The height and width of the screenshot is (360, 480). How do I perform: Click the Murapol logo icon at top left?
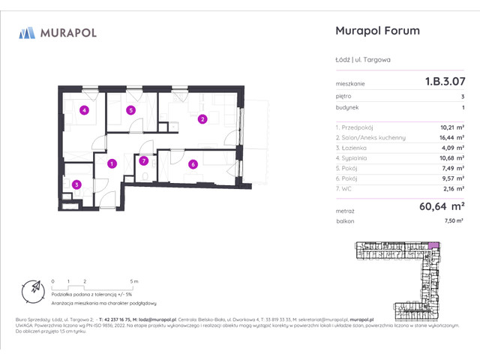(28, 32)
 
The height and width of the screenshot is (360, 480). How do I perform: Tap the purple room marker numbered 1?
(111, 163)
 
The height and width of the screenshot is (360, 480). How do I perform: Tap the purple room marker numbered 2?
(202, 118)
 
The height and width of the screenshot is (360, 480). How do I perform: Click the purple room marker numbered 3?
(76, 184)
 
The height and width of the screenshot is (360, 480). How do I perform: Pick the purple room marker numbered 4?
(84, 111)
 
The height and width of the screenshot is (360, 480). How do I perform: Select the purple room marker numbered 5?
(130, 110)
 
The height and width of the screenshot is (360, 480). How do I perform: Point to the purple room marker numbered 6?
(193, 164)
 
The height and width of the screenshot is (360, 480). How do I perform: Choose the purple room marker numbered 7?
(144, 160)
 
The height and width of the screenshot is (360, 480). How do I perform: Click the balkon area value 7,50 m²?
(452, 221)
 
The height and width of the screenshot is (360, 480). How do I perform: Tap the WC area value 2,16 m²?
(451, 190)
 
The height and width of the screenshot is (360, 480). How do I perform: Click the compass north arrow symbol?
(34, 287)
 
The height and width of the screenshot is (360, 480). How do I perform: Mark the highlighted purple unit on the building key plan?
(432, 245)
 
